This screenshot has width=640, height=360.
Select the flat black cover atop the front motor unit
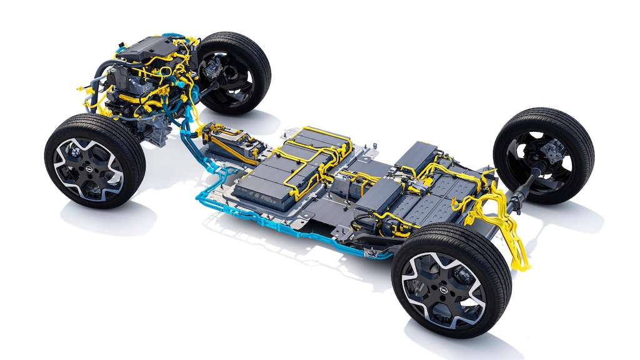[x=142, y=47]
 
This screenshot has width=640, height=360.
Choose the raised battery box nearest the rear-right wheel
[x=416, y=157]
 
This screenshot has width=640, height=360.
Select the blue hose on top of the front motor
[x=169, y=37]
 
